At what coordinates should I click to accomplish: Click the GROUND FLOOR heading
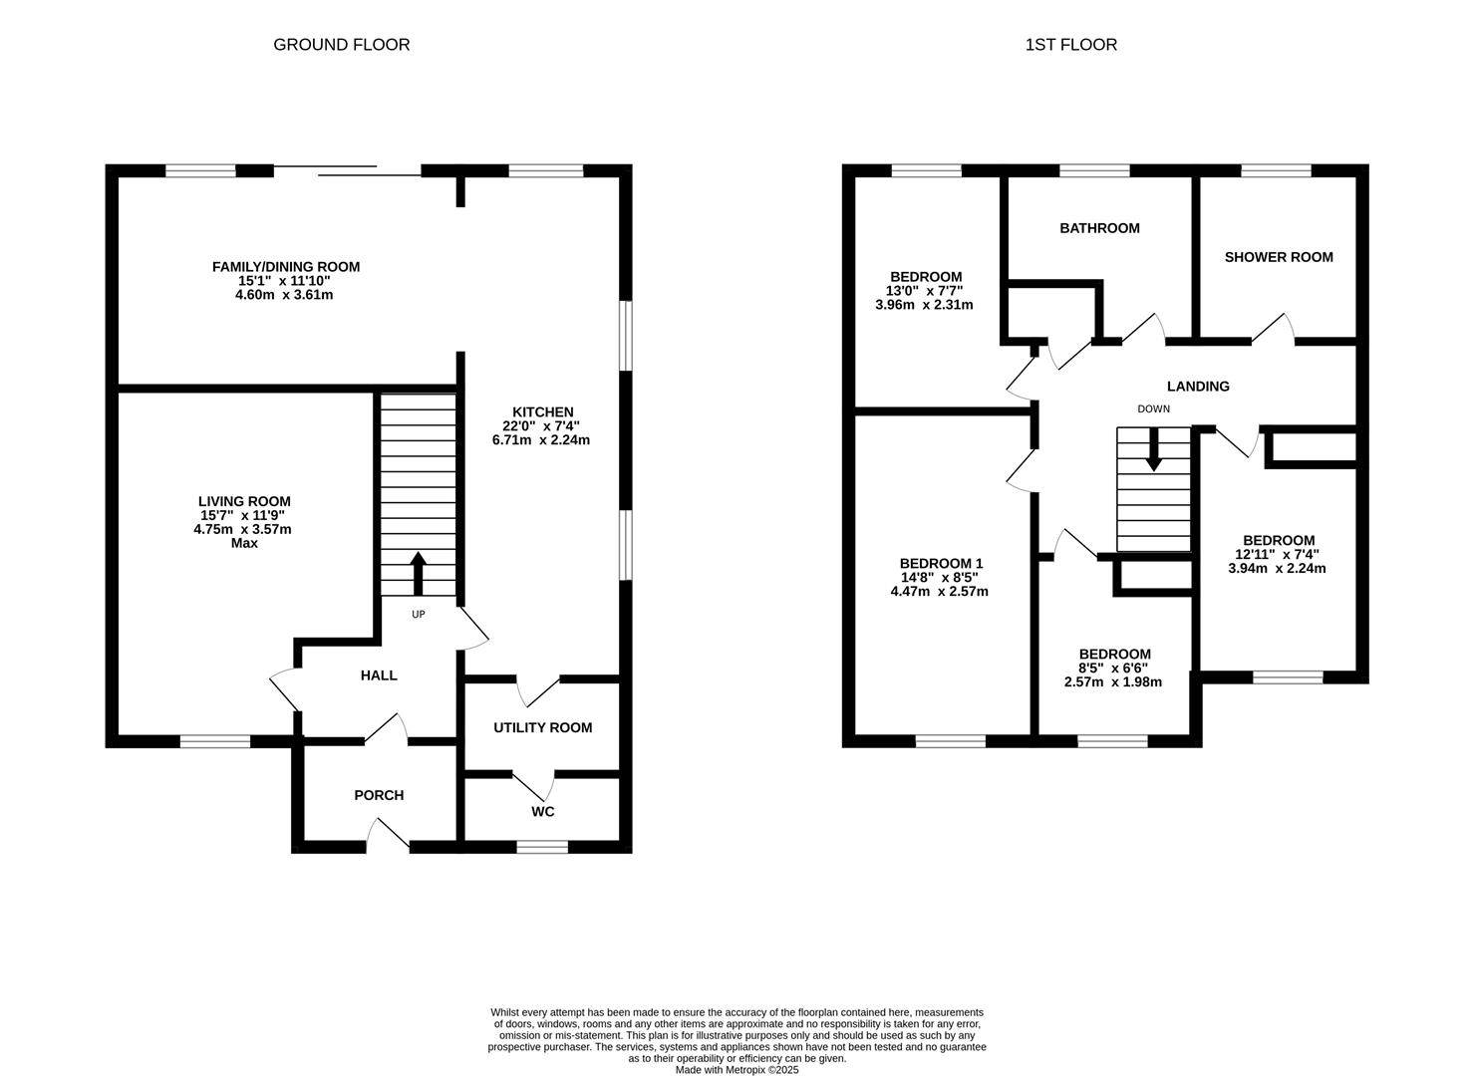tap(342, 45)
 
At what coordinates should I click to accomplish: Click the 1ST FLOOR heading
tap(1071, 45)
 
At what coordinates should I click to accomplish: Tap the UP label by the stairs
tap(419, 615)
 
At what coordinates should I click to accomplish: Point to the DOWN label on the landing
tap(1153, 409)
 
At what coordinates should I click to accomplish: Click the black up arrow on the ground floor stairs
tap(419, 574)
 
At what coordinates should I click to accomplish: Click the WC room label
tap(543, 812)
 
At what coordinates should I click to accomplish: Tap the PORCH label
tap(379, 795)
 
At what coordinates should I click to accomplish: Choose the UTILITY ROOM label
tap(543, 727)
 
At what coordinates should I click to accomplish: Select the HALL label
tap(379, 675)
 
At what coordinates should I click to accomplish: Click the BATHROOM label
tap(1099, 228)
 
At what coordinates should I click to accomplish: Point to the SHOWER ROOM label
tap(1279, 257)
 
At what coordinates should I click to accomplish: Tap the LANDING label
tap(1198, 387)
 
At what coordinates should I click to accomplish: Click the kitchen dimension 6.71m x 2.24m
tap(541, 440)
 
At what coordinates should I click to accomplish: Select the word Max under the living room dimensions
tap(244, 543)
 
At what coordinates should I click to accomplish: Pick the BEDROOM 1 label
tap(941, 564)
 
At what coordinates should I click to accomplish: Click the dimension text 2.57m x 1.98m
tap(1113, 682)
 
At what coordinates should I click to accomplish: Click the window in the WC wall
tap(542, 847)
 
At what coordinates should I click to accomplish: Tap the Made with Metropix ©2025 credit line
tap(737, 1070)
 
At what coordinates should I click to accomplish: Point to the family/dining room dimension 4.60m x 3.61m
tap(284, 295)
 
